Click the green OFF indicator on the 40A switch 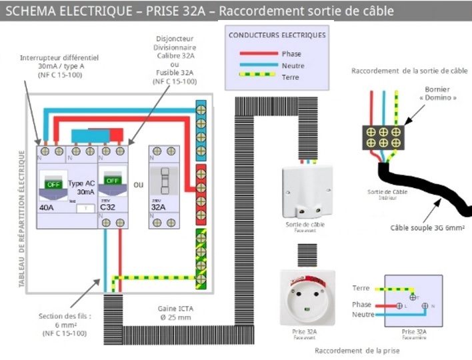pyautogui.click(x=54, y=183)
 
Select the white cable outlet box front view pyautogui.click(x=307, y=191)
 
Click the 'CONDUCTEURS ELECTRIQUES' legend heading pyautogui.click(x=277, y=35)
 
